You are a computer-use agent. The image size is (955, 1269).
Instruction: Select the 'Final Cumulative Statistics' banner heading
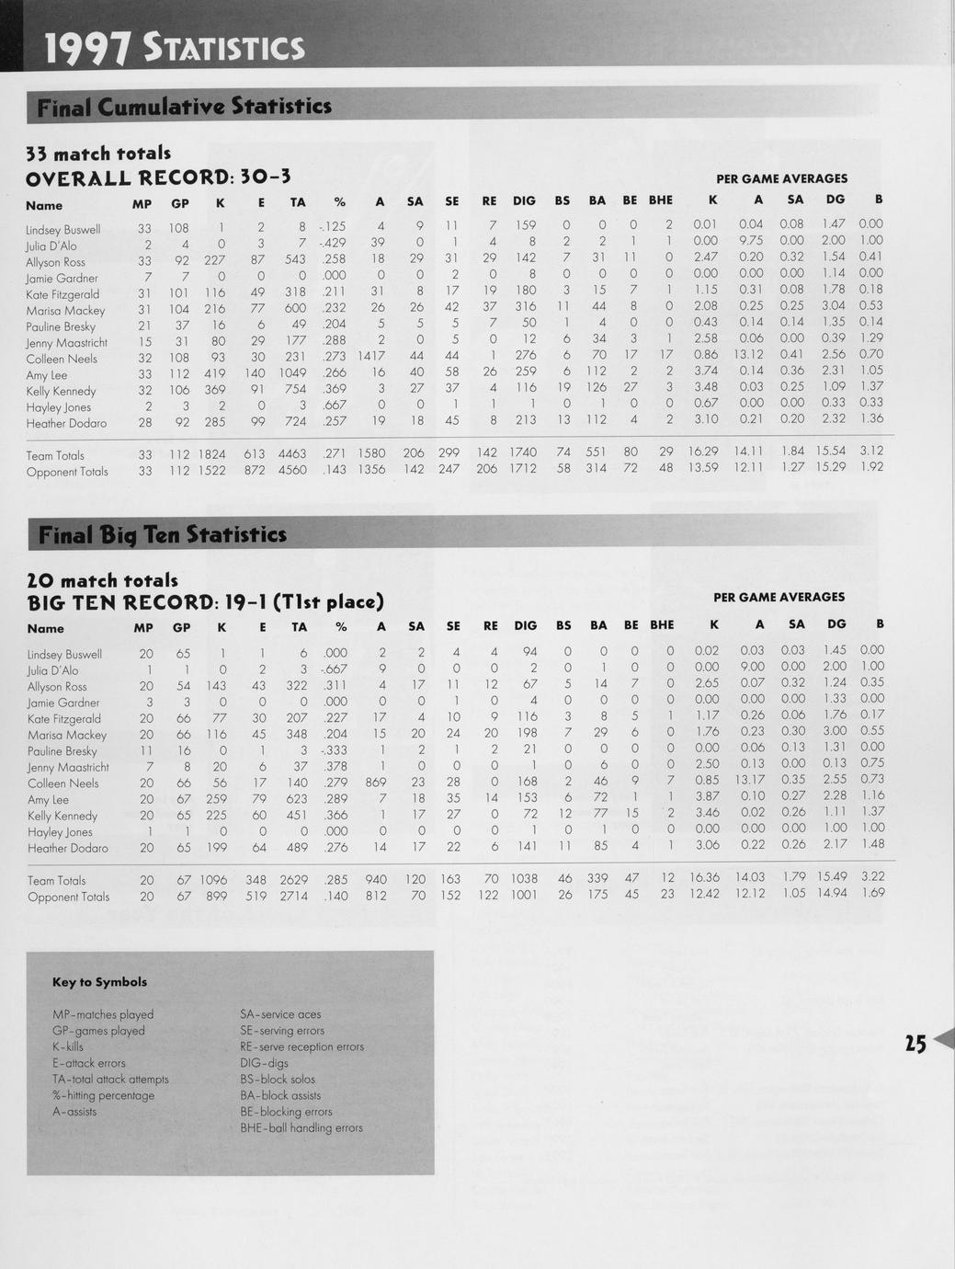pyautogui.click(x=184, y=107)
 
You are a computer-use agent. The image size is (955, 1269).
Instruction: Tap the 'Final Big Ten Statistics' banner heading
pyautogui.click(x=162, y=534)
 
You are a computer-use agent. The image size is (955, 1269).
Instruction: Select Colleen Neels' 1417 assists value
pyautogui.click(x=371, y=359)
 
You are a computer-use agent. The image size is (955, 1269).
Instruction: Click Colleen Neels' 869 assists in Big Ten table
pyautogui.click(x=375, y=783)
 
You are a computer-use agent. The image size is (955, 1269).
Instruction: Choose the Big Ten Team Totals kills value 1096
pyautogui.click(x=212, y=880)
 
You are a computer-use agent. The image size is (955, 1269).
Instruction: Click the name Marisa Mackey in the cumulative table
pyautogui.click(x=65, y=311)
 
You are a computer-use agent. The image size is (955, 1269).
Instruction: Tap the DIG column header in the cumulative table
pyautogui.click(x=524, y=200)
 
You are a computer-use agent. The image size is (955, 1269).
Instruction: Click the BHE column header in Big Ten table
pyautogui.click(x=662, y=625)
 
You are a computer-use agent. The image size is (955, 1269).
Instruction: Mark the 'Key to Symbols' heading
pyautogui.click(x=99, y=982)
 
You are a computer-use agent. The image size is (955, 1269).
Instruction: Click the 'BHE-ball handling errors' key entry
pyautogui.click(x=301, y=1127)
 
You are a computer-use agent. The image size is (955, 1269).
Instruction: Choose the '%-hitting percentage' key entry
pyautogui.click(x=104, y=1095)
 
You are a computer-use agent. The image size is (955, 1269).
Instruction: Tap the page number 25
pyautogui.click(x=915, y=1043)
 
